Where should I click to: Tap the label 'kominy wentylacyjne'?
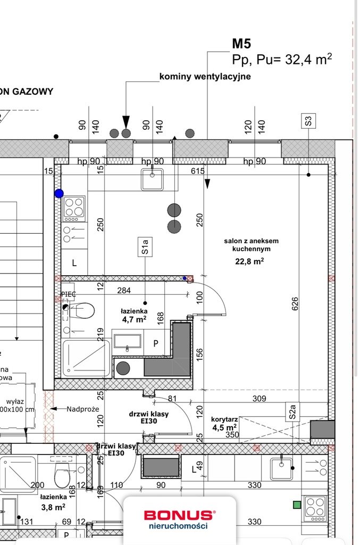click(205, 77)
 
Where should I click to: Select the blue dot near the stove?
click(59, 194)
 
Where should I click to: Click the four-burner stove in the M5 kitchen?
click(74, 208)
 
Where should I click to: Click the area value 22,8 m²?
click(250, 261)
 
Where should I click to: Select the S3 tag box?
click(308, 121)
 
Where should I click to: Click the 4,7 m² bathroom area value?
click(134, 320)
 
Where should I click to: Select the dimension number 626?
click(296, 302)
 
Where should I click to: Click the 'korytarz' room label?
click(224, 419)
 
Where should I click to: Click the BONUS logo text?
click(179, 515)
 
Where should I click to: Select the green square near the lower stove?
click(297, 505)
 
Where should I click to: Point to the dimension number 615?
click(198, 171)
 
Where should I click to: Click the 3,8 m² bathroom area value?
click(53, 507)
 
